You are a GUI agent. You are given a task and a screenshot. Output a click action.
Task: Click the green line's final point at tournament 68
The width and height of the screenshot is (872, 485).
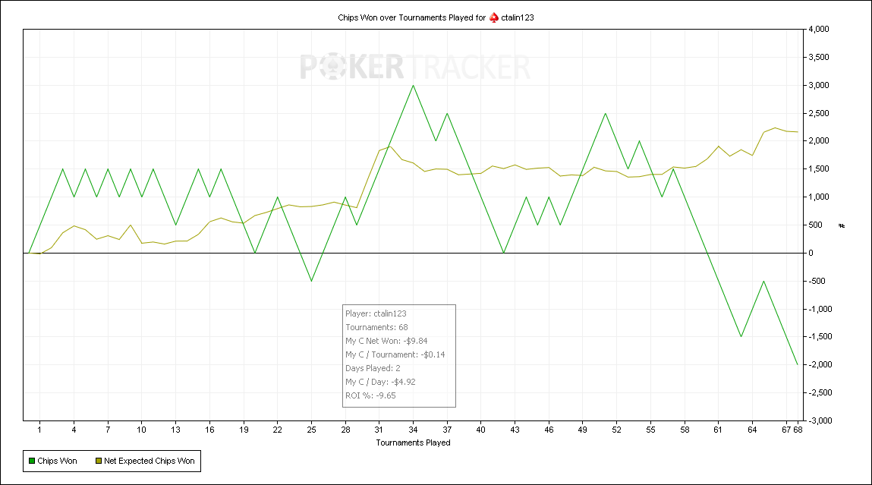click(x=798, y=364)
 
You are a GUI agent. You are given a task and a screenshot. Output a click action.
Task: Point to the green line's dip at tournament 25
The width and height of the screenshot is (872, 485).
click(x=311, y=281)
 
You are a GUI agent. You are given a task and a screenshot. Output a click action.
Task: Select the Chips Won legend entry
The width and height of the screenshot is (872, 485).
click(x=53, y=461)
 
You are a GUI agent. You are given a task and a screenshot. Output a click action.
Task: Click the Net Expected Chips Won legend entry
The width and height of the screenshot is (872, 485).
click(x=145, y=461)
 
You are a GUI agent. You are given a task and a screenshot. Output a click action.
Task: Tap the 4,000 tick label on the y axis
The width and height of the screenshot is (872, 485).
click(x=819, y=29)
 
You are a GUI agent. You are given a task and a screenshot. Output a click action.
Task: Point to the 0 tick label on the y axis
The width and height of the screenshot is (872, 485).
click(x=811, y=253)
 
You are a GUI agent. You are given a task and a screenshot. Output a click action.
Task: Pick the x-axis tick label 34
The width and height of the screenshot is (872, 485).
click(x=413, y=430)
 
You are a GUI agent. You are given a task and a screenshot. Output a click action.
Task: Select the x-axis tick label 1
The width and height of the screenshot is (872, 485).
click(x=39, y=430)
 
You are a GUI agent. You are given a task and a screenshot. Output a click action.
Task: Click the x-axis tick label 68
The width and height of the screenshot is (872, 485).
click(x=798, y=430)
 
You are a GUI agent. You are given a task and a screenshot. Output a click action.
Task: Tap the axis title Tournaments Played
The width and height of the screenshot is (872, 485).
click(x=413, y=442)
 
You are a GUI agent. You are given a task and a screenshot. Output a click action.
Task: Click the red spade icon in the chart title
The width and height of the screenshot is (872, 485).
click(x=494, y=17)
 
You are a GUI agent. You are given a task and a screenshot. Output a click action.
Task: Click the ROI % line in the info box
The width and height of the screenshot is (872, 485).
click(x=370, y=395)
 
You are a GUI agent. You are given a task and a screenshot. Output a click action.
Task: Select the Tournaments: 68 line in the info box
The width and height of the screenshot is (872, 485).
click(x=376, y=327)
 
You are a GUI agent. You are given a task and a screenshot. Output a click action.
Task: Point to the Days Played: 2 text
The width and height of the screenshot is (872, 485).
click(x=373, y=368)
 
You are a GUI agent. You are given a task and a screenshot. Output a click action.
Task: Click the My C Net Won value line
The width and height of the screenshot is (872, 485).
click(x=386, y=341)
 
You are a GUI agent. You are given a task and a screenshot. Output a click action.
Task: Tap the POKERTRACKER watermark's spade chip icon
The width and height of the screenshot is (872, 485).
click(x=332, y=68)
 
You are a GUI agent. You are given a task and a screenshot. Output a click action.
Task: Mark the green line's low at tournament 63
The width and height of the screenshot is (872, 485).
click(x=741, y=336)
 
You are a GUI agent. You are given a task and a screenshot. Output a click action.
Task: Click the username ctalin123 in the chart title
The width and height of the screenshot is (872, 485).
click(x=517, y=17)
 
